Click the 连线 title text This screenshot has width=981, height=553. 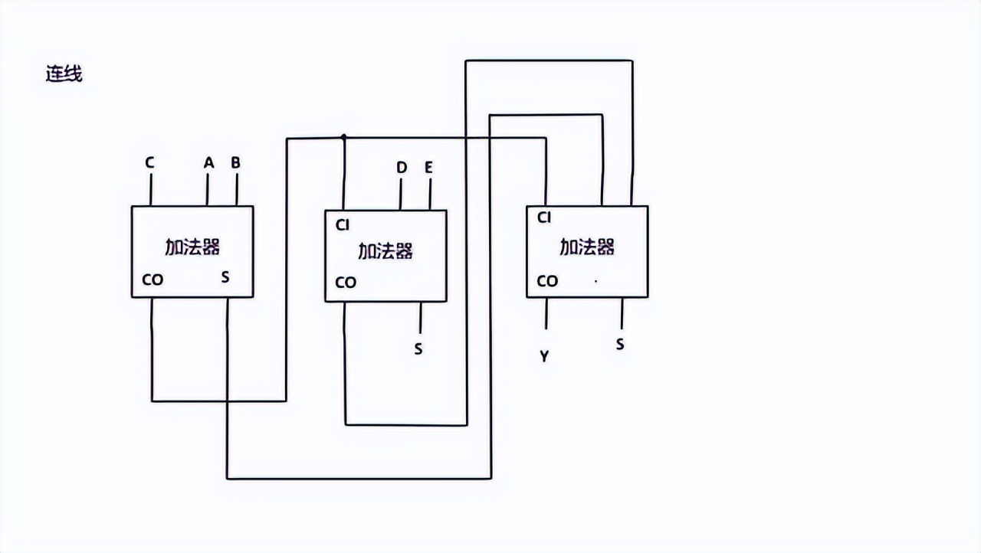(64, 74)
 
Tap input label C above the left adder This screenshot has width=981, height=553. (149, 162)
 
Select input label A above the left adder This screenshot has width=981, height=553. (208, 162)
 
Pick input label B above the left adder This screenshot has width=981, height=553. (235, 162)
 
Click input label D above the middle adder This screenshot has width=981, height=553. (402, 167)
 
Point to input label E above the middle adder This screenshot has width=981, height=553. (428, 167)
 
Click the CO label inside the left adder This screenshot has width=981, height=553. (153, 280)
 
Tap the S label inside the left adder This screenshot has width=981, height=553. (225, 276)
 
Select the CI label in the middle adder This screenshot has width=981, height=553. (343, 224)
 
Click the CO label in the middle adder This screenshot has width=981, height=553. (346, 283)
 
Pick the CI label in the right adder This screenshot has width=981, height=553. (544, 218)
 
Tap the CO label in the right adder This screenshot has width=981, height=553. (547, 281)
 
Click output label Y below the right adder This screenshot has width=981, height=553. (544, 356)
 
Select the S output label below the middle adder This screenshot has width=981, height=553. (418, 348)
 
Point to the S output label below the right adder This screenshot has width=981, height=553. (619, 345)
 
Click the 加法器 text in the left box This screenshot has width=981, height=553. (192, 247)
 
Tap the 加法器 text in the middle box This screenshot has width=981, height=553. (386, 251)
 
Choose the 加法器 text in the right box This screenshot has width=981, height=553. (587, 247)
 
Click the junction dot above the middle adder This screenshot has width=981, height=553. (344, 138)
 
